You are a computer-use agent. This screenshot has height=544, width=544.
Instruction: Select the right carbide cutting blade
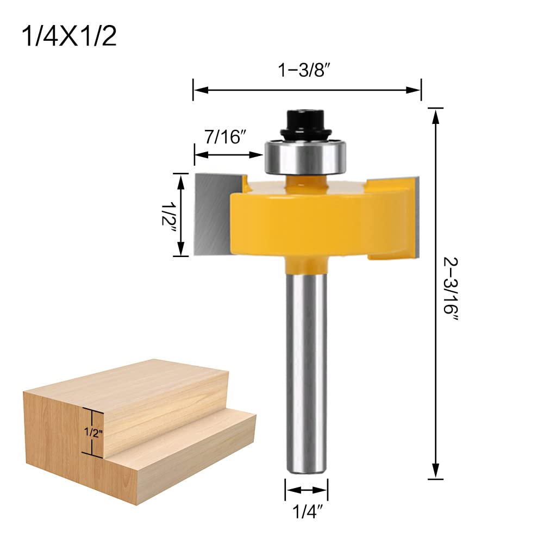[413, 212]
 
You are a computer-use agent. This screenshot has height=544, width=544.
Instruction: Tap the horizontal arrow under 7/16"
[228, 154]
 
